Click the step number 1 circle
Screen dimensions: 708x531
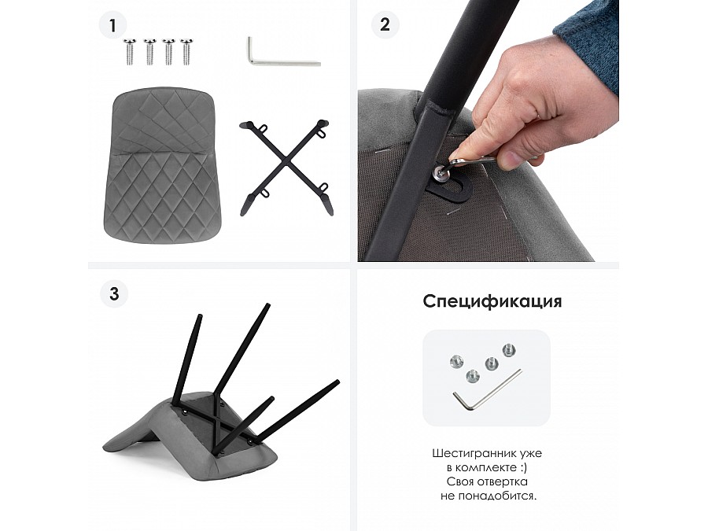tap(112, 25)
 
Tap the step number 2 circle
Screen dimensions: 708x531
tap(385, 24)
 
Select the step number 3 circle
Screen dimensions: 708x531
tap(114, 294)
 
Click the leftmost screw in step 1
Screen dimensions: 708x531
tap(130, 51)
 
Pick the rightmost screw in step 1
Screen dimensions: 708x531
tap(186, 51)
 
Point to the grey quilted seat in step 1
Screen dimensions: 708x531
tap(161, 165)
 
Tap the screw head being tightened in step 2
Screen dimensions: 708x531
tap(439, 171)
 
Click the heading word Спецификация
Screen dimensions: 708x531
tap(492, 301)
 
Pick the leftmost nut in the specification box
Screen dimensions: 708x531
tap(455, 361)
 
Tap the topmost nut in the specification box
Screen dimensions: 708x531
tap(509, 350)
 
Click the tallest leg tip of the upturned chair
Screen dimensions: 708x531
tap(267, 306)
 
